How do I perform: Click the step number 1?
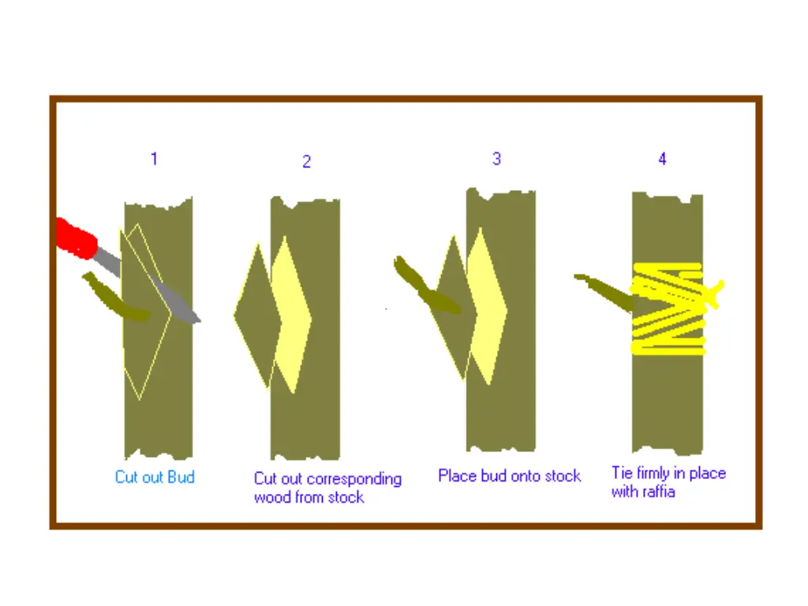pos(154,158)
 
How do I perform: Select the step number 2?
pos(307,161)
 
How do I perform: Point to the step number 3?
pos(496,158)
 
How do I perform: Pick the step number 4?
pos(662,158)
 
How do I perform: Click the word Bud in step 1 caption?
pos(181,477)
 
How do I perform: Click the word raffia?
pos(657,492)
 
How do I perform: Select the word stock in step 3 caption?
pos(563,476)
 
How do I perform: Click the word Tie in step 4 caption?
pos(622,473)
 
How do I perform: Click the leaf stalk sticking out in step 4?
pos(604,292)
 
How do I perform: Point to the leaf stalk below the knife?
pos(116,298)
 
